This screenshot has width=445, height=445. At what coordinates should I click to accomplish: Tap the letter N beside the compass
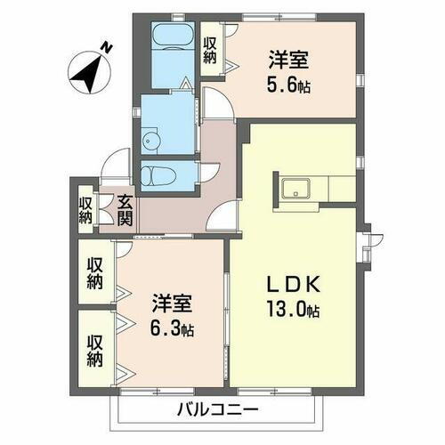coord(106,47)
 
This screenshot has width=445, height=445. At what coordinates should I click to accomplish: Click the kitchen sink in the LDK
coord(295,189)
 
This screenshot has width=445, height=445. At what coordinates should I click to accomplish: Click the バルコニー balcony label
coord(216,409)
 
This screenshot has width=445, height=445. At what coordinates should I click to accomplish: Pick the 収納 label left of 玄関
coord(85,209)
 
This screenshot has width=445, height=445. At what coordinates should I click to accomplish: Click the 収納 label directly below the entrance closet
coord(95,273)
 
